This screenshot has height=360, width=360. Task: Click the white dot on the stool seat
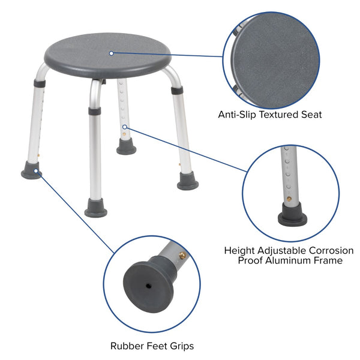pyautogui.click(x=111, y=53)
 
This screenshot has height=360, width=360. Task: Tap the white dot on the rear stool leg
pyautogui.click(x=125, y=127)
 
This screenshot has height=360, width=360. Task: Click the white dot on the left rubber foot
pyautogui.click(x=37, y=171)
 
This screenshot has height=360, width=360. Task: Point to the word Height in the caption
pyautogui.click(x=239, y=250)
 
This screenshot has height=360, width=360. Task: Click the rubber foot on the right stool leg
pyautogui.click(x=187, y=182)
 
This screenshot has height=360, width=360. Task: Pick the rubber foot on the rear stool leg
pyautogui.click(x=126, y=148)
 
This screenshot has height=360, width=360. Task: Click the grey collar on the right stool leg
pyautogui.click(x=176, y=89)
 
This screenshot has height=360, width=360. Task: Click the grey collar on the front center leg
pyautogui.click(x=94, y=111)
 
